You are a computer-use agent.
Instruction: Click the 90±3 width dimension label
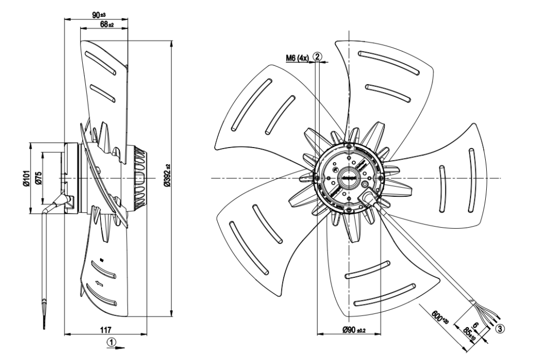[99, 14]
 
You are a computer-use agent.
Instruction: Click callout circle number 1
[111, 341]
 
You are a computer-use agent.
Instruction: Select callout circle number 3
[500, 330]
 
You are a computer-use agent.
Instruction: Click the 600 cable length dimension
[440, 316]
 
